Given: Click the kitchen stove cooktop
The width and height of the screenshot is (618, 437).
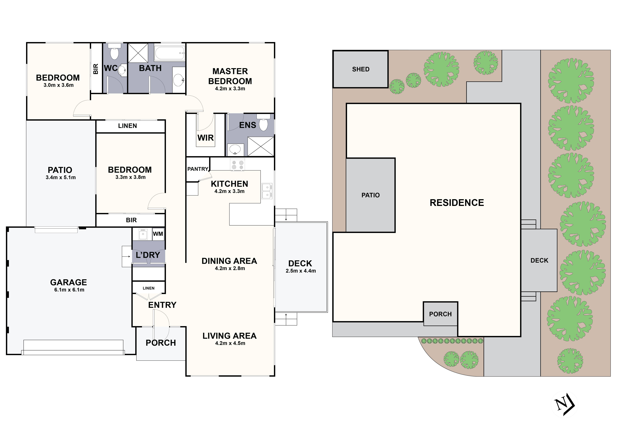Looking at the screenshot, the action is tap(237, 165).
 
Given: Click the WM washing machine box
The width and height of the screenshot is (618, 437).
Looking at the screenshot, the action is tap(158, 234).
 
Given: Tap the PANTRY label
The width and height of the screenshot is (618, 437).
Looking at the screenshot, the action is tap(198, 169).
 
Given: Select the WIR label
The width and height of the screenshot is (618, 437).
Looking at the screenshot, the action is tap(206, 138).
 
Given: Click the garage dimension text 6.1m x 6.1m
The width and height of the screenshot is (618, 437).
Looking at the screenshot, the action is tap(69, 290).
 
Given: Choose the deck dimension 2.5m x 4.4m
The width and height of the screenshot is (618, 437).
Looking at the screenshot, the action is tap(301, 271).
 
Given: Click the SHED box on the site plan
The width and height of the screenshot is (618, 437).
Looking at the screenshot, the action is tap(361, 69).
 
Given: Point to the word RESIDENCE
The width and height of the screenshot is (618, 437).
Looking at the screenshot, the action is tap(457, 203).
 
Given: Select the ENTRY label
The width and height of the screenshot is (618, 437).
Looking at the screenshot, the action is tap(162, 305).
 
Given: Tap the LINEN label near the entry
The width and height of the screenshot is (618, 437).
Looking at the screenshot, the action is tap(149, 288).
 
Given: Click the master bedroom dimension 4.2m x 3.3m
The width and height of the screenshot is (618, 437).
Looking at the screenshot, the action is tap(230, 89).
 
